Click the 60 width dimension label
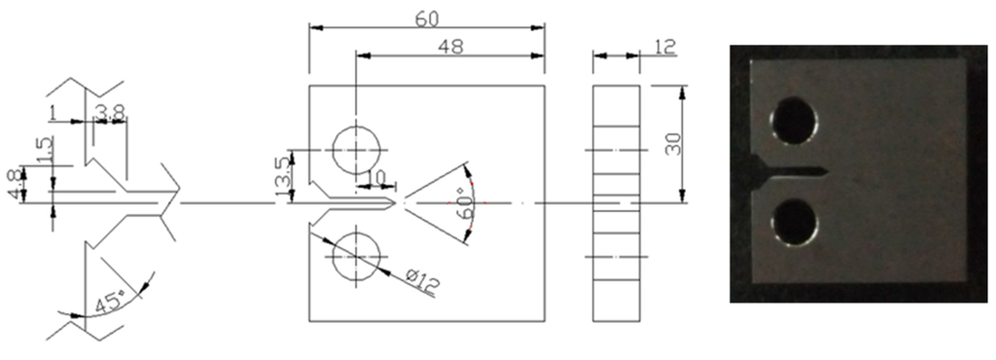pos(425,19)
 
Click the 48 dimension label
pos(448,46)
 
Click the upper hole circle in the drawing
pos(356,150)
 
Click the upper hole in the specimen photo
pos(794,122)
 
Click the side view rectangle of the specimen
pos(616,204)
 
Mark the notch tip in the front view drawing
pos(397,203)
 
